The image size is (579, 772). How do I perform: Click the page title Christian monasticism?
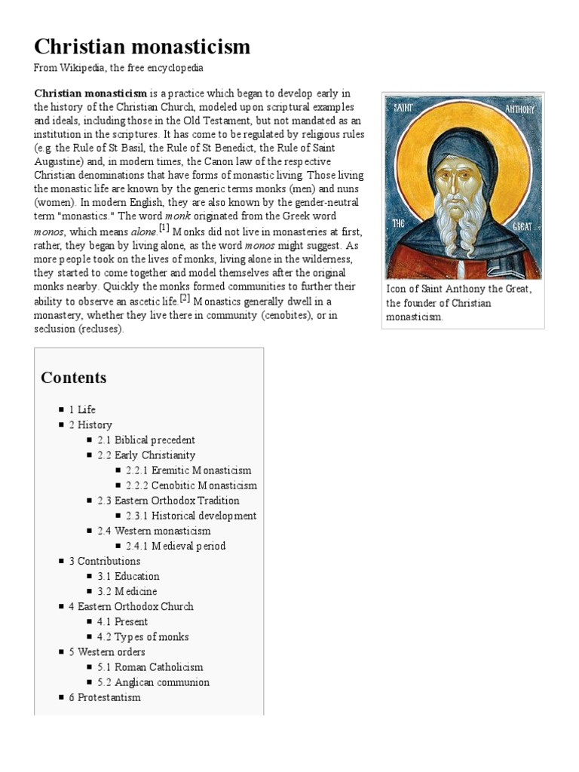click(142, 47)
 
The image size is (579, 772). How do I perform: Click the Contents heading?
click(74, 378)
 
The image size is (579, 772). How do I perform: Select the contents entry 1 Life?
click(82, 409)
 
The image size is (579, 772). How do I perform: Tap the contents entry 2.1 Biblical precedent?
click(146, 440)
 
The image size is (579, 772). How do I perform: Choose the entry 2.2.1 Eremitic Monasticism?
click(188, 470)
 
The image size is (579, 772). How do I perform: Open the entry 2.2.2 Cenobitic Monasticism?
click(191, 486)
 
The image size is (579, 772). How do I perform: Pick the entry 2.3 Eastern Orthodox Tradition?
click(168, 501)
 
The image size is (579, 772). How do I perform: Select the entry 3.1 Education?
click(128, 576)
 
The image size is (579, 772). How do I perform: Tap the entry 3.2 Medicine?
click(127, 591)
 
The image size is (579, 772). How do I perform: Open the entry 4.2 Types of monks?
click(142, 637)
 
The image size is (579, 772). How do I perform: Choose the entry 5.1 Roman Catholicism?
click(150, 667)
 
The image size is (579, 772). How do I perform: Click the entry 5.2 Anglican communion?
click(153, 682)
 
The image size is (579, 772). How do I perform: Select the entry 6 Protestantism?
click(105, 697)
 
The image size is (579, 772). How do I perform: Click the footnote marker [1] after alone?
click(164, 228)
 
